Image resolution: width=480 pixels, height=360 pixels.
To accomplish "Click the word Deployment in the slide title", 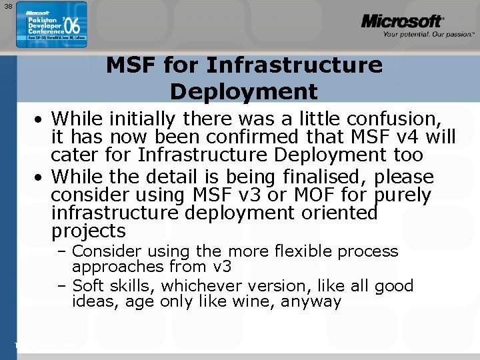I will coord(243,91).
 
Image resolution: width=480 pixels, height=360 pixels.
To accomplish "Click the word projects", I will coord(89,232).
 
